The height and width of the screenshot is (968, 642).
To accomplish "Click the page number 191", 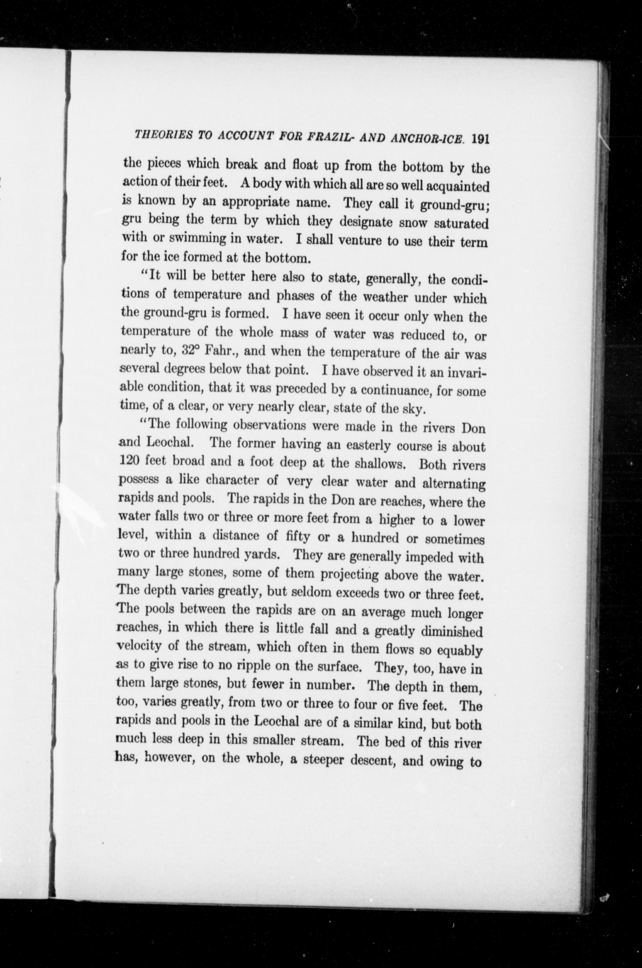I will tap(480, 139).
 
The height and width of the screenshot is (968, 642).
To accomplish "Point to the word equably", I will tap(460, 651).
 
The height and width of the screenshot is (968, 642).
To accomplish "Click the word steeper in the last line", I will tap(325, 760).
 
